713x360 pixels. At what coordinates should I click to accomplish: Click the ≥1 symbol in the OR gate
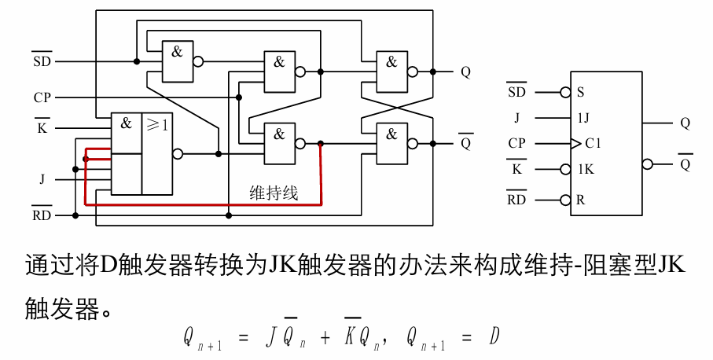point(156,124)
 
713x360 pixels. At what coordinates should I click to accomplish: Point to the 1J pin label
point(584,118)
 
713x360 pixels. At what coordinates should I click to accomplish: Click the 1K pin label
point(586,169)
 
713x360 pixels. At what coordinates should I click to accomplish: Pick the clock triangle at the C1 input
point(576,144)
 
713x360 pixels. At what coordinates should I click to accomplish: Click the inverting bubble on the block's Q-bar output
point(647,164)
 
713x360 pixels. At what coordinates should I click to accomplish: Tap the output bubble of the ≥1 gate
point(178,154)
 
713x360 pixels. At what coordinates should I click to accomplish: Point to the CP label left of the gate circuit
point(42,98)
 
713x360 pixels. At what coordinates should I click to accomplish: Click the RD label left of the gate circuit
point(41,215)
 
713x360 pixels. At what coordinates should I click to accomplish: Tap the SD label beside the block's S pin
point(516,92)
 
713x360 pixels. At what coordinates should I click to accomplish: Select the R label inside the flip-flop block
point(580,200)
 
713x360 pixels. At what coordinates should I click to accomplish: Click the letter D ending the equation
point(494,338)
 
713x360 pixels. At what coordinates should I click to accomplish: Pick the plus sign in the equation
point(325,339)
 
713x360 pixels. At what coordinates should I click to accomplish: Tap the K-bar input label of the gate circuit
point(42,127)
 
